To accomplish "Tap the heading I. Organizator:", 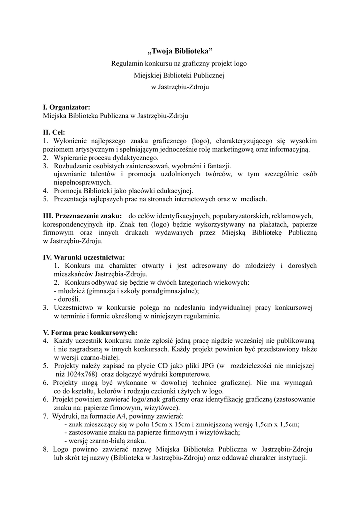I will [67, 107].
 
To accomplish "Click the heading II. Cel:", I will [54, 132].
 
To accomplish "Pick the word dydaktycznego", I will [122, 157].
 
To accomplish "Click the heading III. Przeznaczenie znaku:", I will [83, 216].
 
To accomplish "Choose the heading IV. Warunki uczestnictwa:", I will [84, 257].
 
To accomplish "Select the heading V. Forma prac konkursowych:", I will [90, 332].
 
